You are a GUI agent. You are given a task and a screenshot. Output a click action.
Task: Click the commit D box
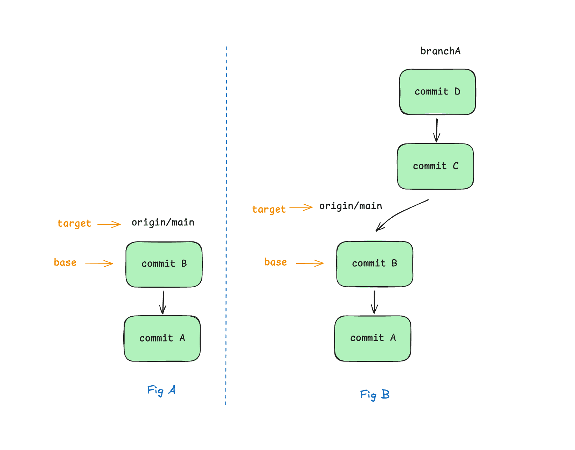tap(437, 92)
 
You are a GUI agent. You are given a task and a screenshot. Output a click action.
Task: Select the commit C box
tap(435, 166)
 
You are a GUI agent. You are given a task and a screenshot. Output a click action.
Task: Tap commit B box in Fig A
tap(164, 264)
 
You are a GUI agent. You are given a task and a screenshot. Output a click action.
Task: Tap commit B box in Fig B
tap(375, 264)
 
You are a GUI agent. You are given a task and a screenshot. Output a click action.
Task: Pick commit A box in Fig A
tap(162, 338)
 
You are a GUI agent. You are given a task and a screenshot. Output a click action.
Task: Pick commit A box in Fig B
tap(373, 338)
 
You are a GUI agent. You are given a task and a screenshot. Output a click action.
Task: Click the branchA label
tap(440, 51)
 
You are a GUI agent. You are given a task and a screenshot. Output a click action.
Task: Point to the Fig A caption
tap(161, 390)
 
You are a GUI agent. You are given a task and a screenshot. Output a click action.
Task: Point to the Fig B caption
tap(374, 395)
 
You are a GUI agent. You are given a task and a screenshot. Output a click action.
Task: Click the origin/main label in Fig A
tap(163, 223)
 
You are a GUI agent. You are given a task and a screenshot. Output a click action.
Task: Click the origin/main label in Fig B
tap(351, 206)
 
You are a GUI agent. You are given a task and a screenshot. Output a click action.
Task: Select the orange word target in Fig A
tap(74, 224)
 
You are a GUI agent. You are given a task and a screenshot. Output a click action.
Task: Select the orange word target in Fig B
tap(269, 210)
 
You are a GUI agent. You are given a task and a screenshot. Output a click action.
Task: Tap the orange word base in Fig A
tap(65, 262)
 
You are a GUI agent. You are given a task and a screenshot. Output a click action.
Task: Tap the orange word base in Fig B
tap(276, 262)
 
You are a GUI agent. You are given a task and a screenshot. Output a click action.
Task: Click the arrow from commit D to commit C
tap(437, 130)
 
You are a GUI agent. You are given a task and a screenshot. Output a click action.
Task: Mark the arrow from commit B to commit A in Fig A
tap(163, 302)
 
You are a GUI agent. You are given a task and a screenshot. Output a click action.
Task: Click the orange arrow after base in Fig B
tap(310, 263)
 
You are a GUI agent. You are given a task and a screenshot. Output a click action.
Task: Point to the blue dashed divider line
tap(226, 224)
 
